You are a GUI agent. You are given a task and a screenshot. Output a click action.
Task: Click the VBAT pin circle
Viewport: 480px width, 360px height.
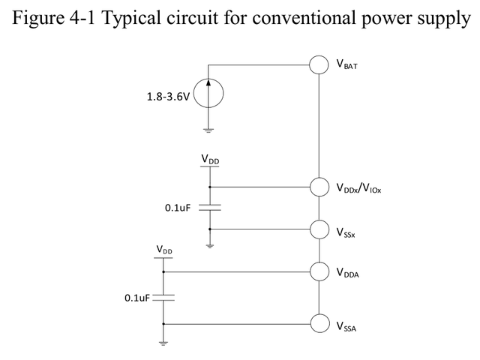[x=319, y=64]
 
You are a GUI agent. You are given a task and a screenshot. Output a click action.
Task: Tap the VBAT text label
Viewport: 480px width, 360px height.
[x=347, y=67]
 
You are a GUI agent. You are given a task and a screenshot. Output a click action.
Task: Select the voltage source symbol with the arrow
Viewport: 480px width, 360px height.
[x=208, y=96]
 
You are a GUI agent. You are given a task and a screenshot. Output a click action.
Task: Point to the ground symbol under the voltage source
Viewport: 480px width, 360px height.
[x=208, y=129]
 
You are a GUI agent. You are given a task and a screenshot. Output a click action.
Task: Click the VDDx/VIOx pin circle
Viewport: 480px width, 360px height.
[x=319, y=187]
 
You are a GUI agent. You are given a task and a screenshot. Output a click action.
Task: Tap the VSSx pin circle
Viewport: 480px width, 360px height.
[x=319, y=229]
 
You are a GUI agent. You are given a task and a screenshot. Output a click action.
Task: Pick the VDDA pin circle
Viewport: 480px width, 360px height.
[x=319, y=271]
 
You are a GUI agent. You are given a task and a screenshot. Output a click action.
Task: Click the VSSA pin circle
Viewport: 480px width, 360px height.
[x=319, y=323]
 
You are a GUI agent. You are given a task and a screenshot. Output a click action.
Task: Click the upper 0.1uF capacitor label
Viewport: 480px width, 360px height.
[x=179, y=207]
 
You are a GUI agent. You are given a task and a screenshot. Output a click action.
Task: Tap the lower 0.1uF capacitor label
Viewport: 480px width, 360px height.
[x=137, y=298]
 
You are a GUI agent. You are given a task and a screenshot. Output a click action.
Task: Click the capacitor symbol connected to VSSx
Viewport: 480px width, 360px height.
[x=209, y=208]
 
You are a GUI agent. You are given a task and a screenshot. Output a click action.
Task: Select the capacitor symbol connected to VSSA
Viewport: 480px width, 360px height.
[x=163, y=298]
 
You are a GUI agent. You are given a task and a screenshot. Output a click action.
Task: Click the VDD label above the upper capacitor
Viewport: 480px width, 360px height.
[x=210, y=160]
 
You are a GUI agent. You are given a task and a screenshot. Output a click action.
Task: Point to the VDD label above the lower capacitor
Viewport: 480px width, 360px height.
[x=163, y=248]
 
